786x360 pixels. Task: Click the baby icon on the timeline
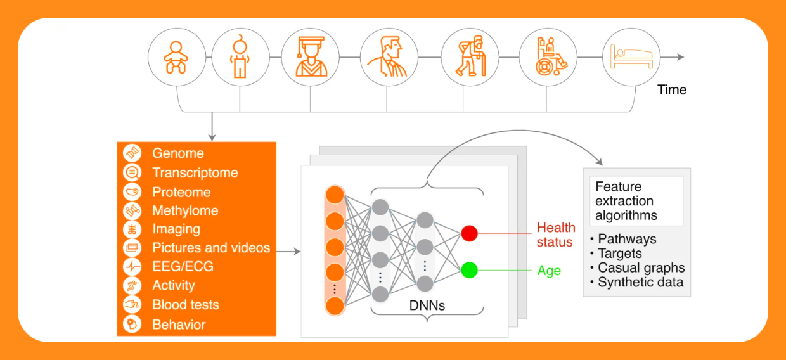176,57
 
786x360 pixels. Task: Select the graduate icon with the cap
311,57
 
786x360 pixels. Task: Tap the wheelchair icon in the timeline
548,57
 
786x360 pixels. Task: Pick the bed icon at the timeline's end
627,57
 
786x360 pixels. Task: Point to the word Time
672,89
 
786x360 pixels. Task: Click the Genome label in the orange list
178,153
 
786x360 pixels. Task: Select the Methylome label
185,210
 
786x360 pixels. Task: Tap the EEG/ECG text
183,267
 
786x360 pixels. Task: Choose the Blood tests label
186,305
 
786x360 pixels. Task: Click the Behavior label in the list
179,325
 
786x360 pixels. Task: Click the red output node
469,233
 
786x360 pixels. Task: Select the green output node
469,270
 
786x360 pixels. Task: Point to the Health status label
556,235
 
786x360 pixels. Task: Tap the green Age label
549,271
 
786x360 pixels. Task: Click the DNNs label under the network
427,305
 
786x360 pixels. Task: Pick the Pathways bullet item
626,240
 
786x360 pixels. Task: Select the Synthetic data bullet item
640,282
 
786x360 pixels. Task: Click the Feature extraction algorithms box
636,201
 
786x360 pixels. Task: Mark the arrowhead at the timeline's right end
681,57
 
